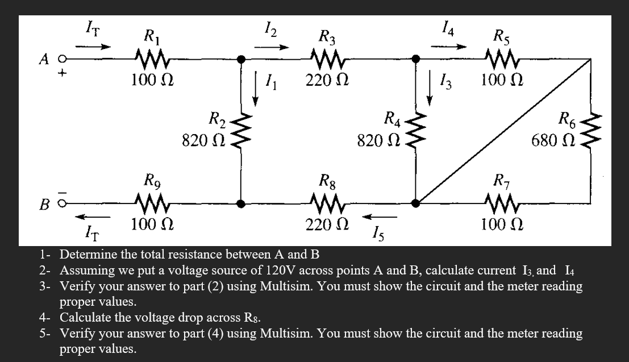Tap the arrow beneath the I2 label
pyautogui.click(x=268, y=47)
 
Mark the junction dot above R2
pyautogui.click(x=241, y=59)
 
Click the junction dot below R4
pyautogui.click(x=416, y=202)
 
